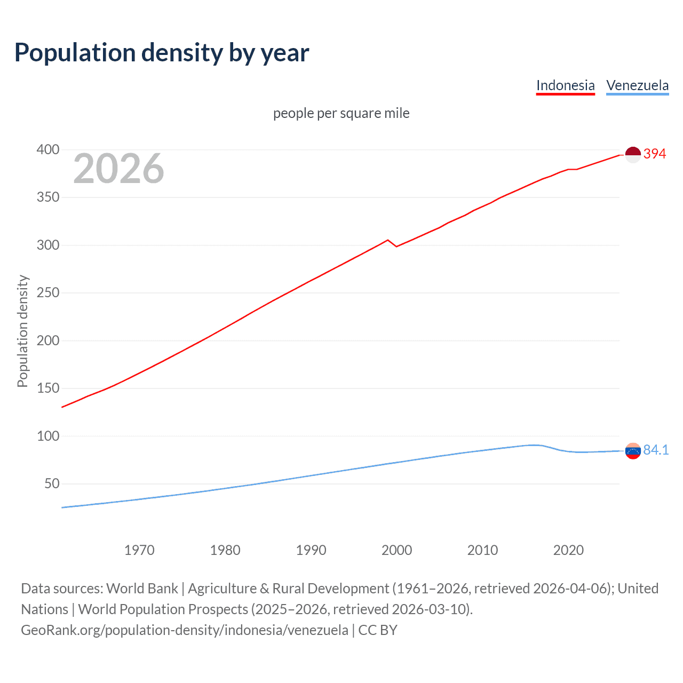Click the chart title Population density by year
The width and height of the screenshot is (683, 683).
(162, 53)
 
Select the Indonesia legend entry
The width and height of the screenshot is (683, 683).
(565, 85)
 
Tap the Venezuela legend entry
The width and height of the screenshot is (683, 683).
(637, 85)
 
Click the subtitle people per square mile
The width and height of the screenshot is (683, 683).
(341, 113)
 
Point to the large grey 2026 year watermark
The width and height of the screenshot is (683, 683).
(118, 169)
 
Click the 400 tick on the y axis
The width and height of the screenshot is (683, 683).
(47, 149)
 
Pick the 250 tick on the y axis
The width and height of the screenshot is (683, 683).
(47, 292)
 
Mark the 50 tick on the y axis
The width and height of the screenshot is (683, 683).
(52, 483)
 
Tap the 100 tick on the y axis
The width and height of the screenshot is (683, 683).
(47, 436)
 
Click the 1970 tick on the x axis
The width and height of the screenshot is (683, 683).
(139, 550)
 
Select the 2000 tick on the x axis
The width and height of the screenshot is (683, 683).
(396, 550)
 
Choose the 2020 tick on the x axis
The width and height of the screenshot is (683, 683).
(568, 550)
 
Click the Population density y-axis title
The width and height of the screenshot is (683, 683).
(22, 331)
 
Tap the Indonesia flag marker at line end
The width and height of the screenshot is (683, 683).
(632, 155)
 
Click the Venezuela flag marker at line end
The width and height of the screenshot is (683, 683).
(632, 451)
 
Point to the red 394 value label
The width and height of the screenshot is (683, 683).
(655, 154)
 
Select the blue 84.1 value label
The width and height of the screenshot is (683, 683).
(656, 450)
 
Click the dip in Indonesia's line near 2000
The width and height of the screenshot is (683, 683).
(396, 246)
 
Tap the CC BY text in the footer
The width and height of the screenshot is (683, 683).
(378, 630)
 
